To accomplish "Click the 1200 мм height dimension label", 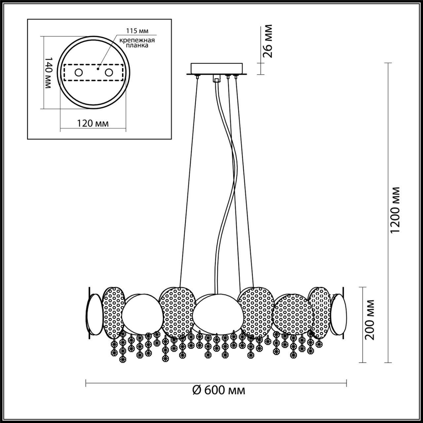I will coord(395,210).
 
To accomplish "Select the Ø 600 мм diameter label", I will coord(219,390).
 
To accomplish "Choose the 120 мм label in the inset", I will coord(93,123).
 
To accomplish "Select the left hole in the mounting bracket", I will coord(78,72).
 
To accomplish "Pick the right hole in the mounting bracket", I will coord(109,72).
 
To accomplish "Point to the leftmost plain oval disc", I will coord(94,313).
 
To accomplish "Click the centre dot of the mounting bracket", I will coord(97,69).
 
